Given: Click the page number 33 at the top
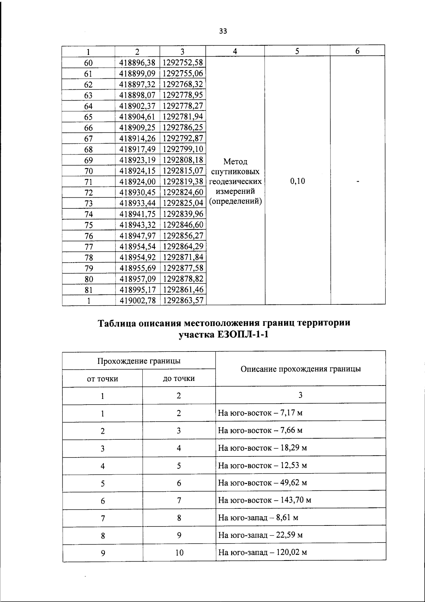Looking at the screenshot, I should (223, 31).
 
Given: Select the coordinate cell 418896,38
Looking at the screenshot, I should (137, 63).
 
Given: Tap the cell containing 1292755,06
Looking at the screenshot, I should (183, 74).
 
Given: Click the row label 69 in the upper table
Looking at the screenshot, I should (89, 160).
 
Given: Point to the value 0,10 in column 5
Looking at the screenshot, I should (297, 181).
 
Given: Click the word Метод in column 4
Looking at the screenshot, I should (236, 162).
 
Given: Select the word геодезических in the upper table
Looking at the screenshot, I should (236, 182).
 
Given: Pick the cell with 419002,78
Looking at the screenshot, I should (137, 301).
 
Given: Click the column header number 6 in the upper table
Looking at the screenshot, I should (358, 51).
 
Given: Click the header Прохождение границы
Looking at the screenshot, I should (139, 361).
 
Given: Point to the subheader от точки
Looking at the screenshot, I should (102, 379).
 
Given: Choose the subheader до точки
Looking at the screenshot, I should (179, 379).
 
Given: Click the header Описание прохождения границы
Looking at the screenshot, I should (301, 369).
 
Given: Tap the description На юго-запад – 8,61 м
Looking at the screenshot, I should (258, 518).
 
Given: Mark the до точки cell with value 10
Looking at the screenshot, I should (179, 552).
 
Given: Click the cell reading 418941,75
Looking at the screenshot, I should (137, 214).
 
